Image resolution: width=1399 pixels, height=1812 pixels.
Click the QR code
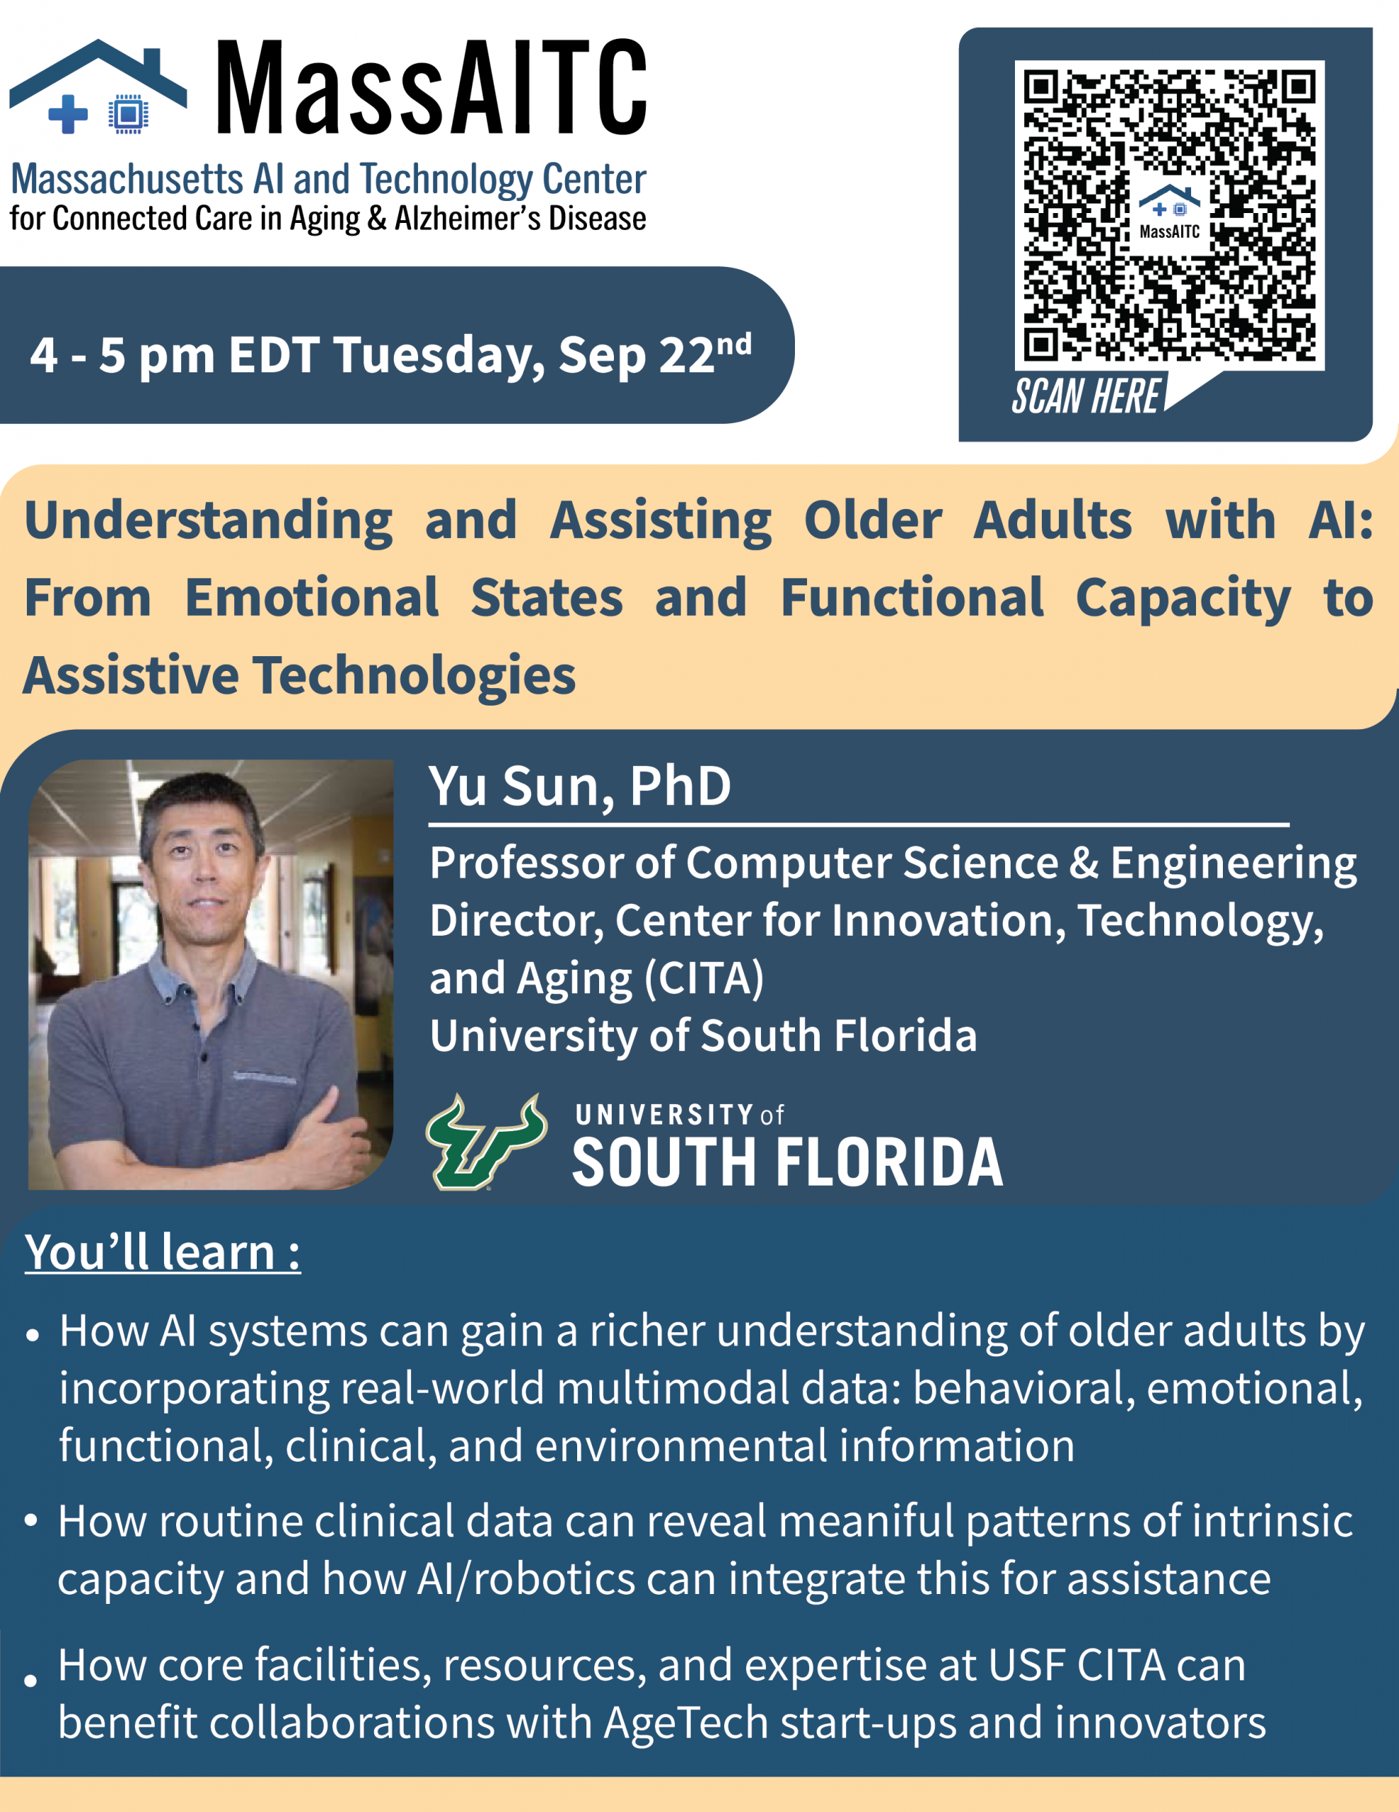tap(1169, 216)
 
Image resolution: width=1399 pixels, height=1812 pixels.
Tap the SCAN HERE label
tap(1086, 396)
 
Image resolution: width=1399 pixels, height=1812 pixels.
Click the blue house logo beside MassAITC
tap(98, 86)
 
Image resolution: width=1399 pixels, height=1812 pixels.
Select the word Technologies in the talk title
tap(414, 675)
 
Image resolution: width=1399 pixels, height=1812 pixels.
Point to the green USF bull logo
tap(486, 1142)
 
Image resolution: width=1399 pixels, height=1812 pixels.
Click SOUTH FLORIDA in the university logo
tap(788, 1162)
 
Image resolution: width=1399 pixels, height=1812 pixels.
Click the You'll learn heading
tap(163, 1253)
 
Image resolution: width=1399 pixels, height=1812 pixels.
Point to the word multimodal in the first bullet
tap(673, 1388)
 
